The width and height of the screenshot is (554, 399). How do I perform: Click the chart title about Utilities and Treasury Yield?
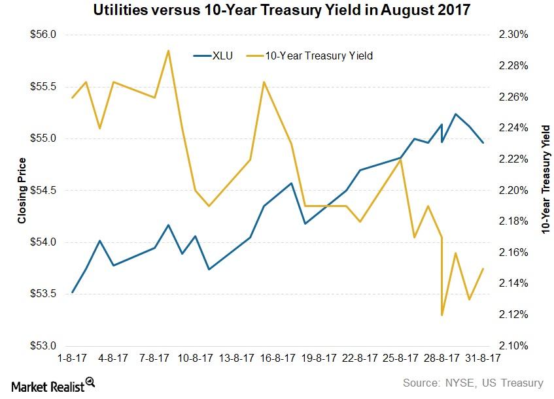(277, 11)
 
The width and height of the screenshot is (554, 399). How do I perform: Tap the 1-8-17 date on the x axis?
(72, 359)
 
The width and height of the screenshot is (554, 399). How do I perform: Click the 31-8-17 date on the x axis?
(483, 359)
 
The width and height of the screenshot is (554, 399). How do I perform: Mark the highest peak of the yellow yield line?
(168, 50)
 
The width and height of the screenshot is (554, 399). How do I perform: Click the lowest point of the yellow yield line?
(443, 315)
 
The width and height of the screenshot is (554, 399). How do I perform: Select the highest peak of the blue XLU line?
(455, 114)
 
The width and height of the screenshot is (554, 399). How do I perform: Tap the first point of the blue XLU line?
(72, 292)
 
